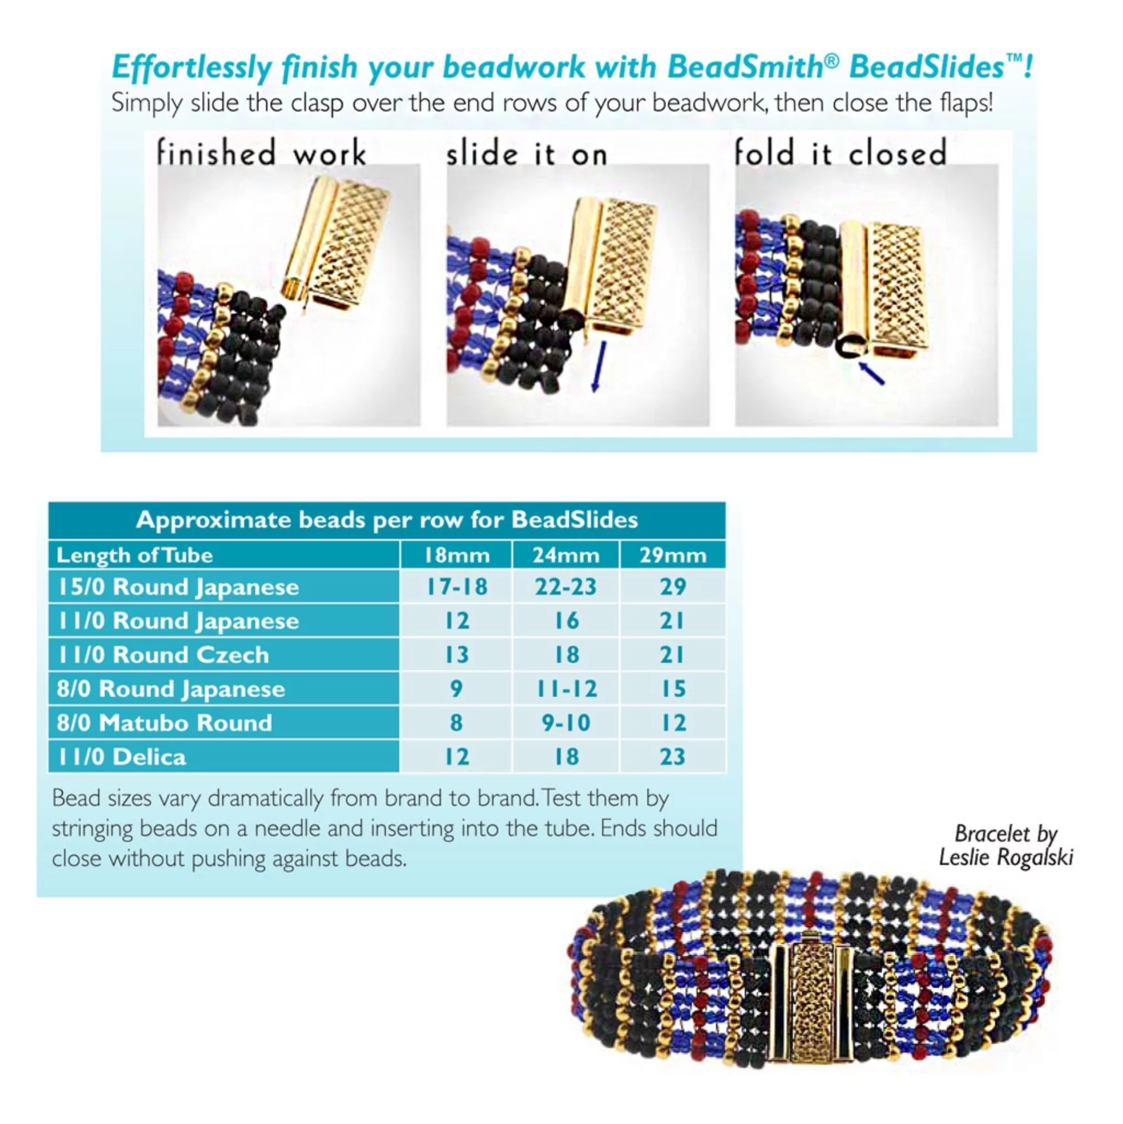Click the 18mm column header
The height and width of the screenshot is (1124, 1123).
pos(457,555)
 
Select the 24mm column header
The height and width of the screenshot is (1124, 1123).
pos(566,555)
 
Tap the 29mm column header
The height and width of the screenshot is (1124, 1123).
pos(673,555)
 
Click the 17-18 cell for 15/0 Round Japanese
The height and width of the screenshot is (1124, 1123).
pos(457,586)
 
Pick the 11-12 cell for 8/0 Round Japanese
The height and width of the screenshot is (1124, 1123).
pos(566,689)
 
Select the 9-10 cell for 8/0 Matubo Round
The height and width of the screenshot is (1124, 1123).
pos(566,723)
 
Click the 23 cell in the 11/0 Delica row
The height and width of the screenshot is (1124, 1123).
pos(673,756)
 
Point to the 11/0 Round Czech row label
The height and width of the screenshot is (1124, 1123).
pos(164,655)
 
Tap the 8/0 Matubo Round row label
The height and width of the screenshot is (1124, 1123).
pos(165,723)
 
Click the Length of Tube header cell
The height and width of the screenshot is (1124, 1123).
pos(134,555)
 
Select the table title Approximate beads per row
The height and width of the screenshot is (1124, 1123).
pos(387,519)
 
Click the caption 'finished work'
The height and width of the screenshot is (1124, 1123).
pos(261,153)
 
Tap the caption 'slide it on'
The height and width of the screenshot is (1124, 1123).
pos(527,154)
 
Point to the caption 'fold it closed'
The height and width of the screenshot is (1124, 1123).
pos(840,153)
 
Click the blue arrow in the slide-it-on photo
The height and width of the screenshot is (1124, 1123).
pos(598,366)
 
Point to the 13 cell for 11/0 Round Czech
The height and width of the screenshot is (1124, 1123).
pos(457,655)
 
